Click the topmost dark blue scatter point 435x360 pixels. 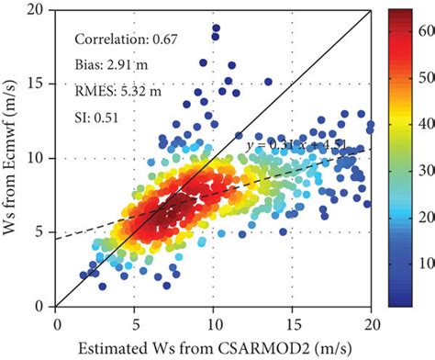(216, 28)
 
